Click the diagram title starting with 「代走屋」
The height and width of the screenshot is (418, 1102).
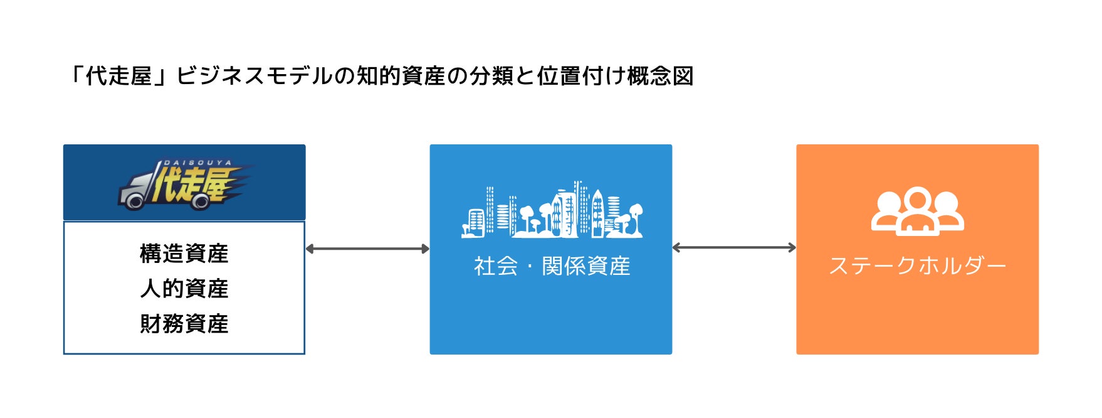381,77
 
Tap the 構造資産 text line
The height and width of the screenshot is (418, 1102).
184,254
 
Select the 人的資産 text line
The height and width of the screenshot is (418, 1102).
184,289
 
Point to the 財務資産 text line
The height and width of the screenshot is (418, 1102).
184,324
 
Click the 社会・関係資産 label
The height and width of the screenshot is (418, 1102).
552,266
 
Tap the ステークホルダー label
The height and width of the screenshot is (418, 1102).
917,266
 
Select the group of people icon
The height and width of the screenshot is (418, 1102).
917,211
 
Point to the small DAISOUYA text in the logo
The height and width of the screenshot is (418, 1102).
197,163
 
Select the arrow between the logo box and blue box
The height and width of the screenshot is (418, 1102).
367,249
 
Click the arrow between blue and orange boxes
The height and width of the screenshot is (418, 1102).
734,248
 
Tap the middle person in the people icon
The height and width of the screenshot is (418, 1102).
917,213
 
